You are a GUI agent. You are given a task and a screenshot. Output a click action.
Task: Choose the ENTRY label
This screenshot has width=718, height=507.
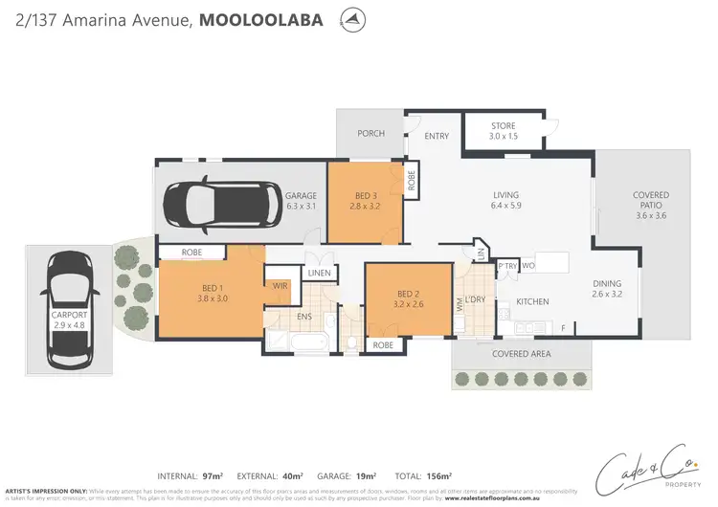tap(436, 136)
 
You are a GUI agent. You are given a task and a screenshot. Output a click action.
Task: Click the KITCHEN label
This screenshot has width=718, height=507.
tap(532, 302)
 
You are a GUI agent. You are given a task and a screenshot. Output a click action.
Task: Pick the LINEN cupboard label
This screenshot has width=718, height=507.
tap(319, 273)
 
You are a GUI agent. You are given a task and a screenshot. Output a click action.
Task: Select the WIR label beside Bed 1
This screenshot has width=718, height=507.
tap(280, 286)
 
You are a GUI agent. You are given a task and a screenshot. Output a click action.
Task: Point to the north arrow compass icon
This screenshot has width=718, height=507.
tap(353, 19)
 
